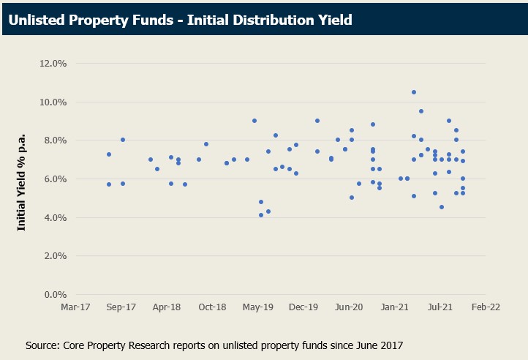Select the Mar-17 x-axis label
click(76, 308)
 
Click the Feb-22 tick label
click(486, 308)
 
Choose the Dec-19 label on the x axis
click(303, 308)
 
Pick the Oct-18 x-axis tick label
click(213, 308)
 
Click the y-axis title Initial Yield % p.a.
click(22, 179)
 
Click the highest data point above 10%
click(414, 92)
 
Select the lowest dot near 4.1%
click(261, 215)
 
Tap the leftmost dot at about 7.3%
click(109, 154)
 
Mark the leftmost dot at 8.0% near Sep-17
click(123, 140)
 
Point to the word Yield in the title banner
click(333, 20)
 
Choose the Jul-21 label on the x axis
click(440, 308)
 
